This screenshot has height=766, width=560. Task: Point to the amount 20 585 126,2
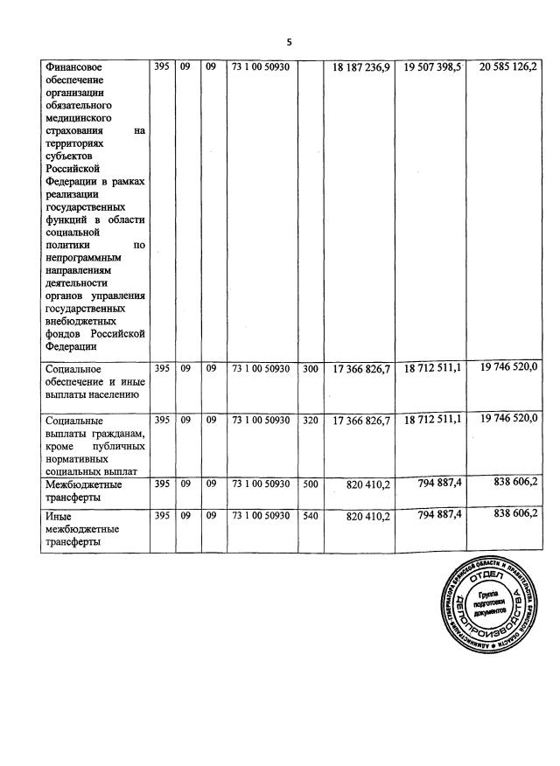coord(509,66)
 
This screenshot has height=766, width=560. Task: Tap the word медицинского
coord(80,116)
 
